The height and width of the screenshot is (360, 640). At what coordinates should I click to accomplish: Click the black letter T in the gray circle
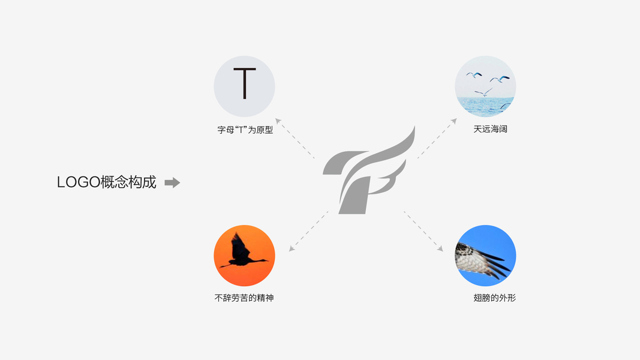[244, 84]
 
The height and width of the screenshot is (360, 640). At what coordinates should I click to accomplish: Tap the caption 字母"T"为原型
[245, 130]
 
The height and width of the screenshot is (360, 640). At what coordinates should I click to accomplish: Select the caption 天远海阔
[490, 129]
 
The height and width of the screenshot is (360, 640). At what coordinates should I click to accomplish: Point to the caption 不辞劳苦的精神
[244, 298]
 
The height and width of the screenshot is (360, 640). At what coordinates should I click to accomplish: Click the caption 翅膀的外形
[494, 298]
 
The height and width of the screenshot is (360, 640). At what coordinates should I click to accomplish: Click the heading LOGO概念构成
[107, 182]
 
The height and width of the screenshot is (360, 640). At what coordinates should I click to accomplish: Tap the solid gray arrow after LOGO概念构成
[172, 182]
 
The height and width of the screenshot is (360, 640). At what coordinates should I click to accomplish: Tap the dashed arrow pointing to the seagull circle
[437, 139]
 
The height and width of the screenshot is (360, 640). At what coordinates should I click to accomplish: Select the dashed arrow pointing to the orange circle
[308, 231]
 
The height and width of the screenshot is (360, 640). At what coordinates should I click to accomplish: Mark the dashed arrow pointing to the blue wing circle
[423, 230]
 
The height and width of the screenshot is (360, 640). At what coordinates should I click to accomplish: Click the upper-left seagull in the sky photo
[474, 74]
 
